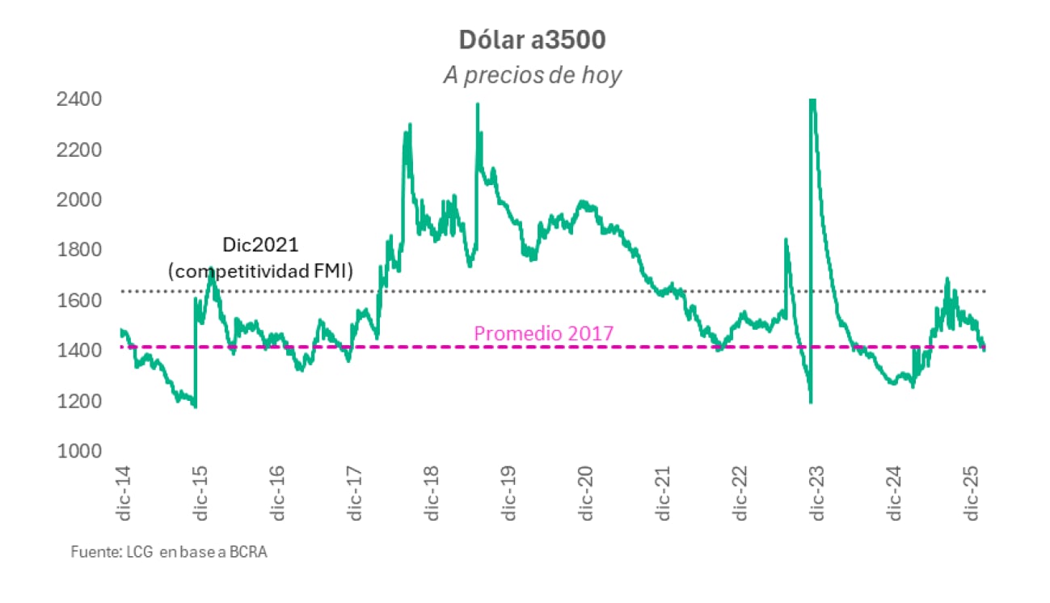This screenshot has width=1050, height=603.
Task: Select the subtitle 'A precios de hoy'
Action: pyautogui.click(x=532, y=75)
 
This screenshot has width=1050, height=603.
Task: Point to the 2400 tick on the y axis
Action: pyautogui.click(x=78, y=99)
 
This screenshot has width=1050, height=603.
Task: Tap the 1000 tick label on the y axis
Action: pyautogui.click(x=78, y=450)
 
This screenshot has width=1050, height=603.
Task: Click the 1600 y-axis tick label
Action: pyautogui.click(x=78, y=300)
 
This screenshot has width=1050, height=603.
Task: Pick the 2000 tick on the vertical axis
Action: pyautogui.click(x=78, y=200)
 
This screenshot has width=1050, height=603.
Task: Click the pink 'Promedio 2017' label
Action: pyautogui.click(x=543, y=332)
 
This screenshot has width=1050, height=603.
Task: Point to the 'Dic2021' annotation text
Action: pyautogui.click(x=260, y=243)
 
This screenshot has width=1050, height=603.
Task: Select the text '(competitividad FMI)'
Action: pyautogui.click(x=260, y=272)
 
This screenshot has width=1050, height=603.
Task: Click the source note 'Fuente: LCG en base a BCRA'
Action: pyautogui.click(x=168, y=554)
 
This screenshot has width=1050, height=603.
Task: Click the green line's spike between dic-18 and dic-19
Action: pyautogui.click(x=478, y=105)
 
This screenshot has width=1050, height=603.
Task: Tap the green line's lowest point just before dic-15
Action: pyautogui.click(x=195, y=406)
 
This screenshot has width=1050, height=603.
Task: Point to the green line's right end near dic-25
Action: pyautogui.click(x=984, y=348)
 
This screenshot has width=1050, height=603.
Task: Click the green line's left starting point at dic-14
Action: pyautogui.click(x=121, y=330)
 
